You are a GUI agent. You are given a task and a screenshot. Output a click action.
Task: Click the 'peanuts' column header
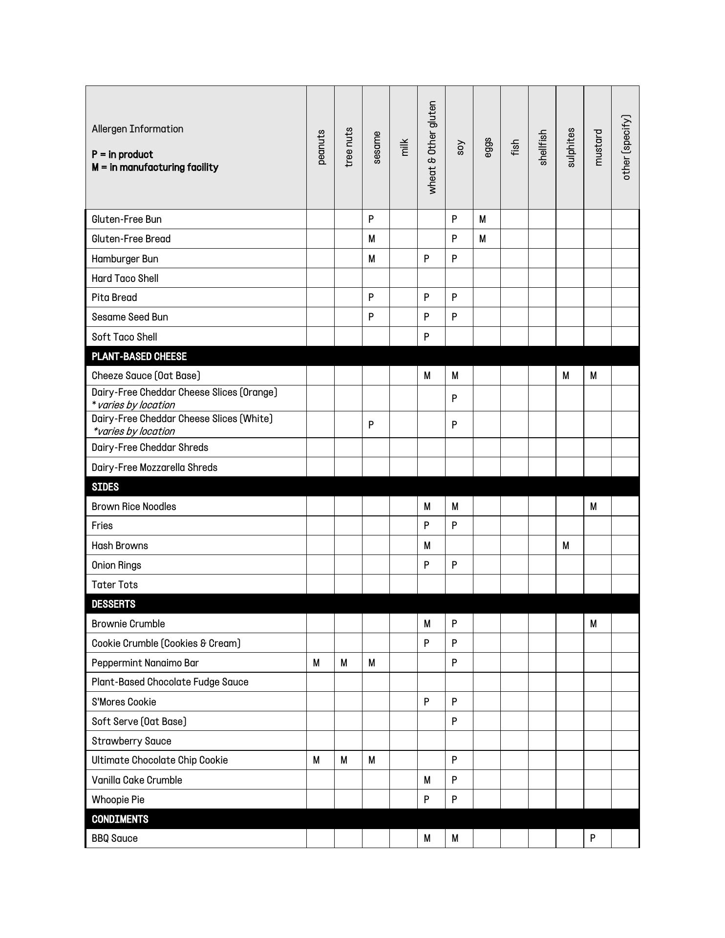point(321,147)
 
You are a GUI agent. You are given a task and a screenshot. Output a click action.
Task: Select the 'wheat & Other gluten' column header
point(432,147)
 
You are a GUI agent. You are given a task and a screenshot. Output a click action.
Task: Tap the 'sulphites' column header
point(570,147)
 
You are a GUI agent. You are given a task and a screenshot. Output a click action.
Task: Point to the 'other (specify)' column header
point(626,147)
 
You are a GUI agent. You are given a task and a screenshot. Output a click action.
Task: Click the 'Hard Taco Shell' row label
point(125,278)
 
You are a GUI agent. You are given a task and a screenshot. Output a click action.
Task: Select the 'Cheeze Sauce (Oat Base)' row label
point(146,376)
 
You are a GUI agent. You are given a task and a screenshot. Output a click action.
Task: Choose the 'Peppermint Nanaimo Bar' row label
point(145,663)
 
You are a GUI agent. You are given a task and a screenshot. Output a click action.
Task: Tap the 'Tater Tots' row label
point(115,585)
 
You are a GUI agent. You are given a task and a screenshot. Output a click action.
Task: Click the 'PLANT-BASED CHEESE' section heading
point(139,357)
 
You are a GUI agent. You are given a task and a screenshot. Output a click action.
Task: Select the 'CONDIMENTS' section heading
point(120,819)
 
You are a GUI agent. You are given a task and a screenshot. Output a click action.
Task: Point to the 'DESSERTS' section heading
point(114,604)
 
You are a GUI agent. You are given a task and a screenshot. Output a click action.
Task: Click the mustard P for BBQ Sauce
point(593,838)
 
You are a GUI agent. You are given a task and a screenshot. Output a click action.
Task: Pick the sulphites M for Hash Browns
point(566,546)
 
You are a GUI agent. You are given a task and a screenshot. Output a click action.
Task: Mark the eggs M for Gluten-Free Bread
point(483,239)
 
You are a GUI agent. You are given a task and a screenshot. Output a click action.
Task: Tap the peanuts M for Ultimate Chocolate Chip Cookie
point(317,760)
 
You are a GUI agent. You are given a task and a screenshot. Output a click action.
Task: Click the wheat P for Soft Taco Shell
point(426,337)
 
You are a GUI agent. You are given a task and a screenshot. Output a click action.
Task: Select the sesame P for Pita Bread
point(371,298)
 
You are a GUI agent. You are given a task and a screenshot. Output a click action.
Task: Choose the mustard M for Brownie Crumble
point(593,624)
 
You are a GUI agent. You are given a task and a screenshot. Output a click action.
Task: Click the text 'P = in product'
point(122,155)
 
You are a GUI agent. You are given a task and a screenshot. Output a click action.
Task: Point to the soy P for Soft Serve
point(454,722)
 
